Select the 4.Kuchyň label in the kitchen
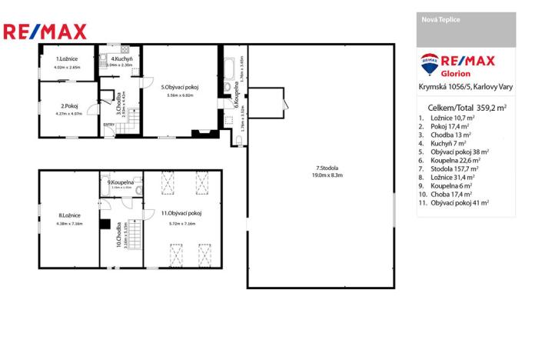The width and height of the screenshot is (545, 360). click(120, 58)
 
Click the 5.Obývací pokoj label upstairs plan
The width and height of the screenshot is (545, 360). click(180, 87)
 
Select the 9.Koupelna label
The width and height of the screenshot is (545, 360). click(121, 182)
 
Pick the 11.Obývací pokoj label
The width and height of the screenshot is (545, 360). click(181, 212)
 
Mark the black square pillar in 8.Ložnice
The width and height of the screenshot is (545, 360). click(103, 224)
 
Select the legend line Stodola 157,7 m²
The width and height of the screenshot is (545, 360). click(451, 168)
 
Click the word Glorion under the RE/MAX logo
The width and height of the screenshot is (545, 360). click(456, 74)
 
